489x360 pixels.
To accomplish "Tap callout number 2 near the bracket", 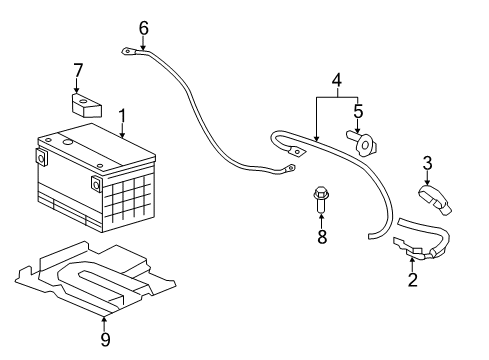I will coord(411,280).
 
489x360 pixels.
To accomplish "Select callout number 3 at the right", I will coord(426,162).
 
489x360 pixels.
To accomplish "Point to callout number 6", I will coord(143,28).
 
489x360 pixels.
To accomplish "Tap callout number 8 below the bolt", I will coord(321,237).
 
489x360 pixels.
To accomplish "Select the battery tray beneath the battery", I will coord(90,280).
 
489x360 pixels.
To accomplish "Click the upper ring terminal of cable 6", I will coord(129,49).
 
